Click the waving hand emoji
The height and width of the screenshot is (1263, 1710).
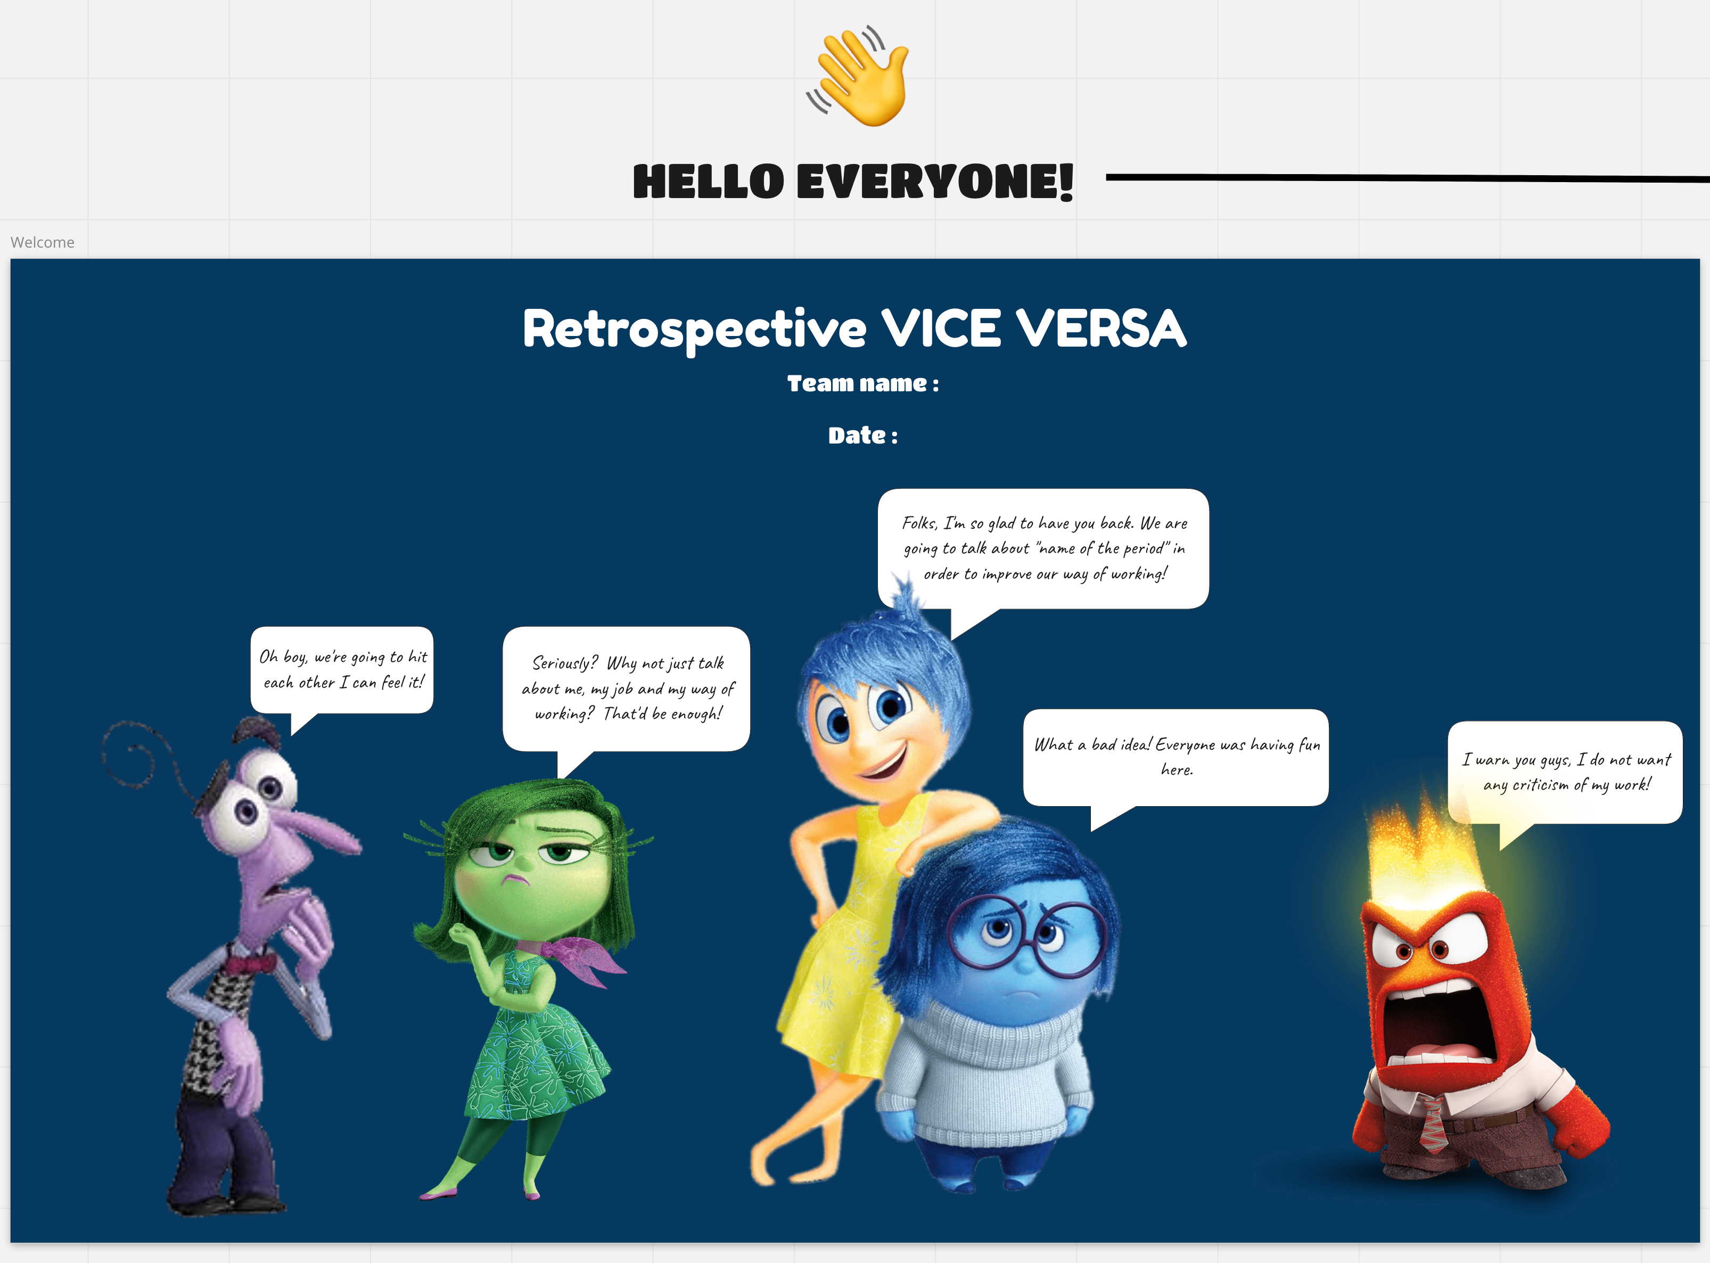[x=858, y=77]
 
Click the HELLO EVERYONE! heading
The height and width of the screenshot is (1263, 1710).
[x=853, y=182]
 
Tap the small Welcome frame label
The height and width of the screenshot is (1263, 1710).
[x=43, y=242]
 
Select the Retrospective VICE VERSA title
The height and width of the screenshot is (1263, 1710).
[x=854, y=329]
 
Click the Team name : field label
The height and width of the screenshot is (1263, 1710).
[x=863, y=383]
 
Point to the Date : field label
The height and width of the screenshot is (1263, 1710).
[x=863, y=435]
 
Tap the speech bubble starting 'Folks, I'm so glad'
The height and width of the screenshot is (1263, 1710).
[x=1043, y=554]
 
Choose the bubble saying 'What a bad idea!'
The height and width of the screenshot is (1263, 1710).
[x=1175, y=761]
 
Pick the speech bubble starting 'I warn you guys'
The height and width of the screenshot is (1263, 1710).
[x=1565, y=776]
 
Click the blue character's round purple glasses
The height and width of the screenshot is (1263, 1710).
[x=1025, y=937]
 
